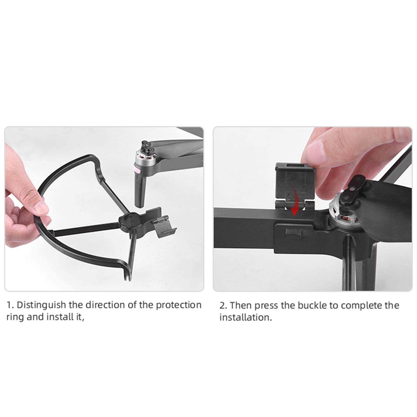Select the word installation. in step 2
(x=246, y=317)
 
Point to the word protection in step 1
(x=179, y=305)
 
